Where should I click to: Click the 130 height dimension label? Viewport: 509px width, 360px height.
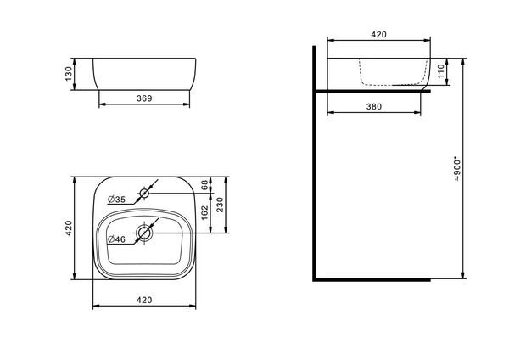click(69, 74)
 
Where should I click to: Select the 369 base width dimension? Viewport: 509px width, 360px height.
click(144, 98)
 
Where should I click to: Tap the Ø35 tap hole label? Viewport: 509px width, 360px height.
click(117, 200)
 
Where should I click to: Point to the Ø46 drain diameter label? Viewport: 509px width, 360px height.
click(117, 239)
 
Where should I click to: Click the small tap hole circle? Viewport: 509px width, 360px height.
click(144, 194)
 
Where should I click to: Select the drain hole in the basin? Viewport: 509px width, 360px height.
click(144, 233)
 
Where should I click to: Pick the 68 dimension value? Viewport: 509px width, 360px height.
click(204, 185)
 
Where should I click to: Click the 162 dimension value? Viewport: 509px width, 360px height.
click(204, 213)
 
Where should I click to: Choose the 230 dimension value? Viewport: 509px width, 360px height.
click(220, 205)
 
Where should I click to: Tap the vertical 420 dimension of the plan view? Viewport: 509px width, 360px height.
click(69, 228)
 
